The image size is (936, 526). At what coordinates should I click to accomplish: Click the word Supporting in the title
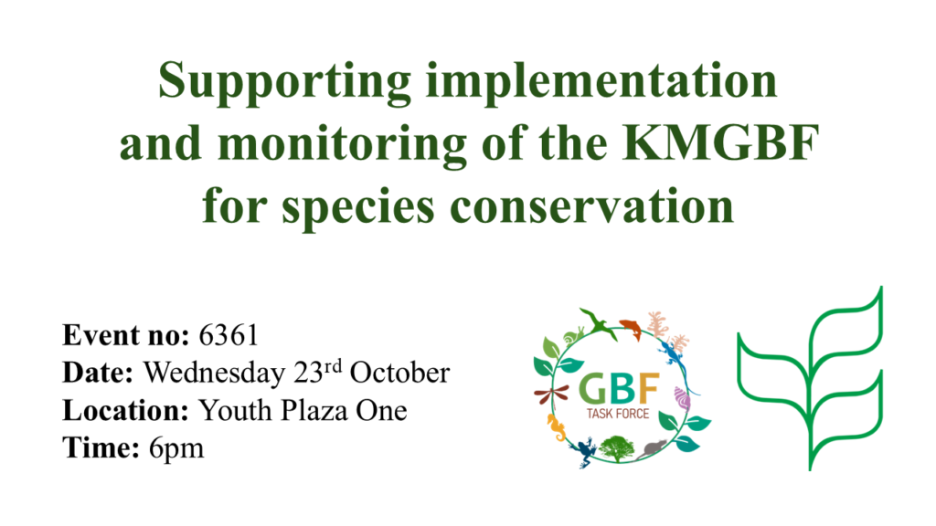coord(285,83)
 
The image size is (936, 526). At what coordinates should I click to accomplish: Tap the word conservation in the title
coord(591,205)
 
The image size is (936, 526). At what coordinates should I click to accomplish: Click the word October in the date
coord(399,373)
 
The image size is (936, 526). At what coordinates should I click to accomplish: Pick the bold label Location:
coord(126,410)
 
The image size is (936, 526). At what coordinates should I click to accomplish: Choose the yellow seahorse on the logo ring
coord(557,427)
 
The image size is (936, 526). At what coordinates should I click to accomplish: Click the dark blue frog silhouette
coord(584,451)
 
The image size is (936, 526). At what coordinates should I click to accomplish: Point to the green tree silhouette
coord(617,448)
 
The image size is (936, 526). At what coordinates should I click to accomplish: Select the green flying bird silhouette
coord(599,324)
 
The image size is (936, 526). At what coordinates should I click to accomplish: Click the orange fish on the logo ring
coord(631,328)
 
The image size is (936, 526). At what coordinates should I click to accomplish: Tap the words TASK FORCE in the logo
coord(618,414)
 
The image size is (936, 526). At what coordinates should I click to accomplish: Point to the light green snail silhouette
coord(573,335)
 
